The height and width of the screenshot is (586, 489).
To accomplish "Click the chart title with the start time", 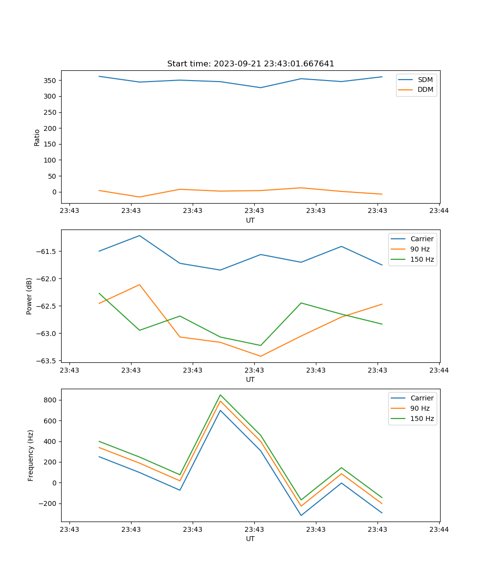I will tap(250, 64).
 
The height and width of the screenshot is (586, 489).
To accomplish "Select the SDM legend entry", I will tap(425, 80).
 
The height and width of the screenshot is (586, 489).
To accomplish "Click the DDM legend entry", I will tap(425, 90).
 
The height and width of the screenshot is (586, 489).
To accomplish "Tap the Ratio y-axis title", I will tap(37, 137).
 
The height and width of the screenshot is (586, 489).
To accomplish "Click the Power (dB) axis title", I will tap(29, 296).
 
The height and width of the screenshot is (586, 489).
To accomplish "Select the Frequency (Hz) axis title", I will tap(31, 455).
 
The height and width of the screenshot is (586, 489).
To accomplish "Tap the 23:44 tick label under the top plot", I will tap(439, 211).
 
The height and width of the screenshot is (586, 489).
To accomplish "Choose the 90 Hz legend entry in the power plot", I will tap(420, 249).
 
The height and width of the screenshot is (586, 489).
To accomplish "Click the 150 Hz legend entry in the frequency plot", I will tap(422, 419).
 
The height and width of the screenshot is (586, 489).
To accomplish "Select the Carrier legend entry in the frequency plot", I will tap(422, 398).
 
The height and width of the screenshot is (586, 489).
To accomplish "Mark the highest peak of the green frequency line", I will tap(220, 395).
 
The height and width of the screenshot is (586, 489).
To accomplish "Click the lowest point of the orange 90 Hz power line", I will tap(261, 356).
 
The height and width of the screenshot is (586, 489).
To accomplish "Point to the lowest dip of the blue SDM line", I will tap(261, 88).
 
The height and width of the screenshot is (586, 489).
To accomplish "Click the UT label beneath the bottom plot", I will tap(250, 539).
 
